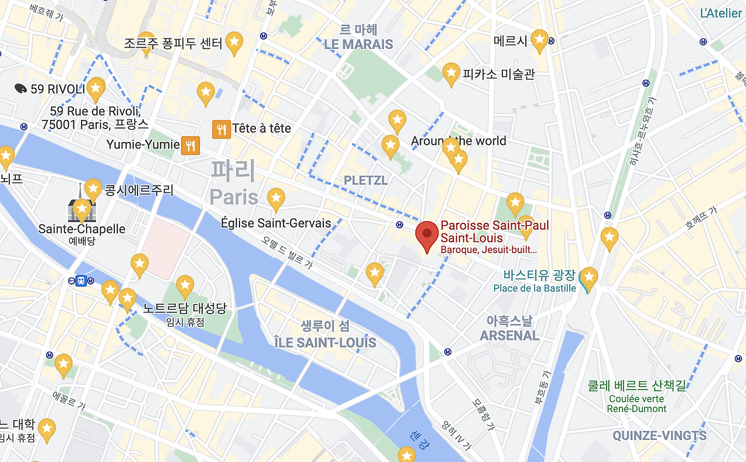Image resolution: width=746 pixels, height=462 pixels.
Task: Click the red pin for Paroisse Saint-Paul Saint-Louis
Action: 427,234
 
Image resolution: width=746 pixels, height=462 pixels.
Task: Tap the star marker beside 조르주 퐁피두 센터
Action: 234,42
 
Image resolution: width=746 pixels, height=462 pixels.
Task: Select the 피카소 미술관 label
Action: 498,74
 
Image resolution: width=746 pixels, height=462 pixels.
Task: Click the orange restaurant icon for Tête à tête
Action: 221,129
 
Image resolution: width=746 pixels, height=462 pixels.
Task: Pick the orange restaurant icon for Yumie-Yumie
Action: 191,145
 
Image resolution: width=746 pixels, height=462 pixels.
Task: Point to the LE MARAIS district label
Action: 358,44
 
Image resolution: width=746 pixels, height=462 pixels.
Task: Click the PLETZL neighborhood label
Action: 365,180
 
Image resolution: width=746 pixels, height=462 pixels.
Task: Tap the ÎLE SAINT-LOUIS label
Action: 325,342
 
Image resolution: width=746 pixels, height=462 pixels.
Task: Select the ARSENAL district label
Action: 509,335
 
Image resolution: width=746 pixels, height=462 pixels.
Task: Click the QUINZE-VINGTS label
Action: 659,435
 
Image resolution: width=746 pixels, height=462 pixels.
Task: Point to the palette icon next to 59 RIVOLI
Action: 20,88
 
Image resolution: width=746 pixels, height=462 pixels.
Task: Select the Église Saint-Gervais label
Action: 276,223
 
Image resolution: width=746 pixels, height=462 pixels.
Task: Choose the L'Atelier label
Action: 721,13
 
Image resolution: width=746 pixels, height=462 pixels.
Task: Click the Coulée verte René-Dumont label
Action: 637,404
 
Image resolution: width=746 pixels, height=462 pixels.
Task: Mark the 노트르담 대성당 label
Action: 185,308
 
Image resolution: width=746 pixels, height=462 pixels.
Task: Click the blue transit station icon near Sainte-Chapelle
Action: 82,280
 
